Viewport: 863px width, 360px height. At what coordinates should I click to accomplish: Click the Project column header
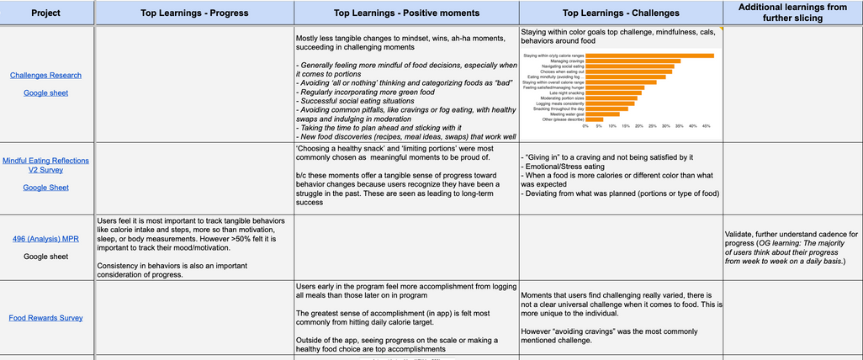coord(45,13)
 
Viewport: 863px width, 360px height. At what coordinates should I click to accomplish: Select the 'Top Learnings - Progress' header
coord(195,13)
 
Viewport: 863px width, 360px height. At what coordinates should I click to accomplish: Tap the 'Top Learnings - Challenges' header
coord(621,13)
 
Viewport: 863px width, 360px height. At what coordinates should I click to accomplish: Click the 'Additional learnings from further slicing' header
coord(792,13)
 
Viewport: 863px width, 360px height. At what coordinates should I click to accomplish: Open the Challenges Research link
coord(45,75)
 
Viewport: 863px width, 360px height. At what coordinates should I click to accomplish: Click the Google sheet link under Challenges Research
coord(45,93)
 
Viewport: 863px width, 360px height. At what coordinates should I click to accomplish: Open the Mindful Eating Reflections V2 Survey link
coord(45,165)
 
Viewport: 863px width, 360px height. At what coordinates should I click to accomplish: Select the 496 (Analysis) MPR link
coord(45,238)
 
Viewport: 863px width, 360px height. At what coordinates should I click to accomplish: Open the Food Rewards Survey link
coord(45,318)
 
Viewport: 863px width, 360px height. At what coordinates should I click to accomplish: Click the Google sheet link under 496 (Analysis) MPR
coord(45,257)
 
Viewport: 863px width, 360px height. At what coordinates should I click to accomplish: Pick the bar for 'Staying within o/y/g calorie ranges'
coord(649,56)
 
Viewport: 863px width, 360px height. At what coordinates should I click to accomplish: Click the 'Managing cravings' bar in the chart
coord(633,61)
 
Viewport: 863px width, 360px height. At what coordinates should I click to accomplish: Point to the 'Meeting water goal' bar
coord(602,114)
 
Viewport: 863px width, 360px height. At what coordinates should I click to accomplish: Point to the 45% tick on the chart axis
coord(706,126)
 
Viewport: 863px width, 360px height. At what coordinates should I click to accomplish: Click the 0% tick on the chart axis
coord(585,126)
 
